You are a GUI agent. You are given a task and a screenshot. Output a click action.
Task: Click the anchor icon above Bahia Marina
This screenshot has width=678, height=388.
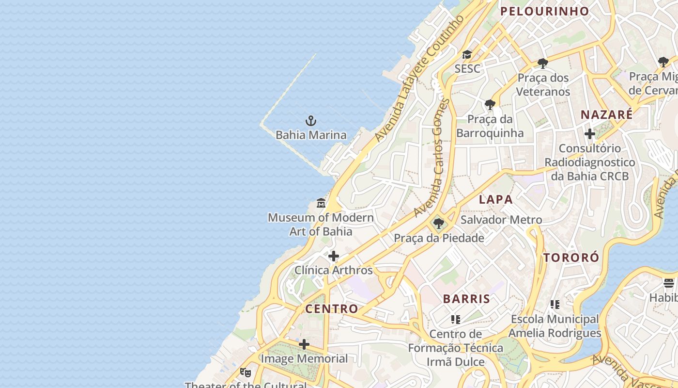click(x=310, y=120)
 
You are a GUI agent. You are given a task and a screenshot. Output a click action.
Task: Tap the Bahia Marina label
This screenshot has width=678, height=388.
click(x=311, y=135)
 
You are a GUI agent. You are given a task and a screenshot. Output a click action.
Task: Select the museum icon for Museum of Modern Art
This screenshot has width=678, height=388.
click(x=321, y=203)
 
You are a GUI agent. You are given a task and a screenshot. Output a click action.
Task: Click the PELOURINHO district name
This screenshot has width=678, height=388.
click(x=544, y=11)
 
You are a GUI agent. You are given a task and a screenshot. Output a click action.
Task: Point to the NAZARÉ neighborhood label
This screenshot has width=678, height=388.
click(x=606, y=115)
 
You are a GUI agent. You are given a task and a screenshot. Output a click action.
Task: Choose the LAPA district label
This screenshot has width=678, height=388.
click(x=495, y=199)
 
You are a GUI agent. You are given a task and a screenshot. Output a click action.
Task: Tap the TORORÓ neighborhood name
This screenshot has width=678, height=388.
click(x=571, y=258)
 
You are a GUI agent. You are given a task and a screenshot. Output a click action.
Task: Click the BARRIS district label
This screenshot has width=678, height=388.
click(x=466, y=299)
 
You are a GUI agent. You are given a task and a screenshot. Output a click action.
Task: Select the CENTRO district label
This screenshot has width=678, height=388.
click(x=332, y=308)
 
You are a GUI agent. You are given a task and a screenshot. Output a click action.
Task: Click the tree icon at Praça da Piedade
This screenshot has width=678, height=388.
click(x=439, y=224)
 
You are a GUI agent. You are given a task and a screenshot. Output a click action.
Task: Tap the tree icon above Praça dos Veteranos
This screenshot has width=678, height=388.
click(x=542, y=63)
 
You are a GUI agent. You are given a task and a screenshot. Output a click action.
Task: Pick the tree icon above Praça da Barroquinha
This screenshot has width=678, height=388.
click(x=490, y=104)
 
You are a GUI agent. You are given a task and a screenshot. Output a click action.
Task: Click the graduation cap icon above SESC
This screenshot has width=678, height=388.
click(x=467, y=55)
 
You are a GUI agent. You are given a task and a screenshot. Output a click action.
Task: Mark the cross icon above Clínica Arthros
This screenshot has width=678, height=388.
click(x=333, y=256)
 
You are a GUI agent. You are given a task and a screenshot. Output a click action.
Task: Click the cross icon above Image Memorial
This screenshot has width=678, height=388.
click(x=304, y=344)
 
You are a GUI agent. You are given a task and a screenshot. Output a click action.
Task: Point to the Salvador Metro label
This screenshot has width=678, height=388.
click(x=501, y=220)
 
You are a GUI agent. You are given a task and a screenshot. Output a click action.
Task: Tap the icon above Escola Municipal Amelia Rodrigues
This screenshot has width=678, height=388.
click(x=555, y=305)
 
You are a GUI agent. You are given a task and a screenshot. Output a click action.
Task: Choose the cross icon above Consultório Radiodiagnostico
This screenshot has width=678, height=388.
click(x=589, y=134)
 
